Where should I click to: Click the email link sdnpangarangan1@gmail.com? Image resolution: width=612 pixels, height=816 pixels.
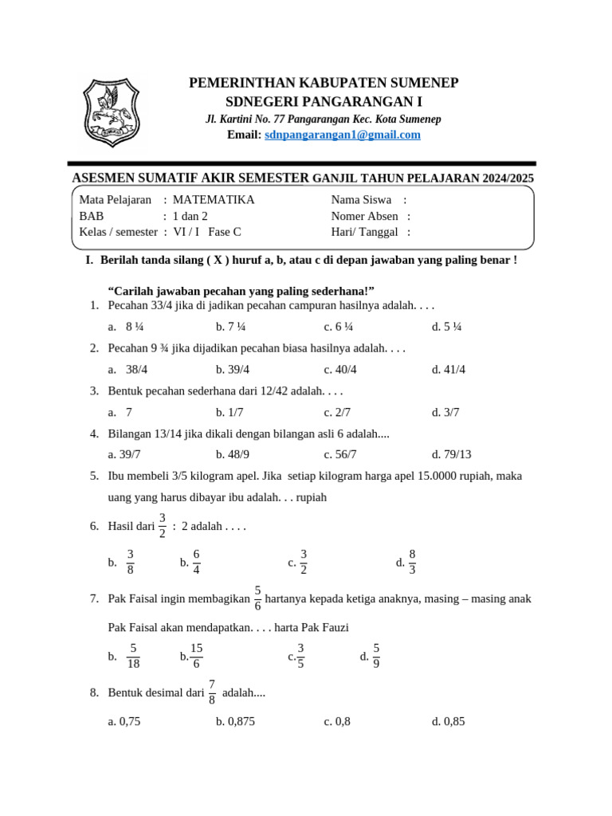(x=342, y=135)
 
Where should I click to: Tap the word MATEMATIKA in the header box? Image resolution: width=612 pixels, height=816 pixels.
(x=214, y=200)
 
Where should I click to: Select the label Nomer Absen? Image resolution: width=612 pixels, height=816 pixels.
(x=365, y=216)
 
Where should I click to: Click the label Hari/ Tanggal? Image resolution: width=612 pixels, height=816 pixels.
(x=364, y=232)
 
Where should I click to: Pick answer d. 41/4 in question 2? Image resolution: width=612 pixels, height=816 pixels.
(x=448, y=369)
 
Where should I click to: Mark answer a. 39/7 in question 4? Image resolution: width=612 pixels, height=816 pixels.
(x=124, y=454)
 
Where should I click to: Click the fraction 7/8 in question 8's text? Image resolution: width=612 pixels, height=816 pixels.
(x=211, y=692)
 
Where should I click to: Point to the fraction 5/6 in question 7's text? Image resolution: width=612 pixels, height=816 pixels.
(x=257, y=598)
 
